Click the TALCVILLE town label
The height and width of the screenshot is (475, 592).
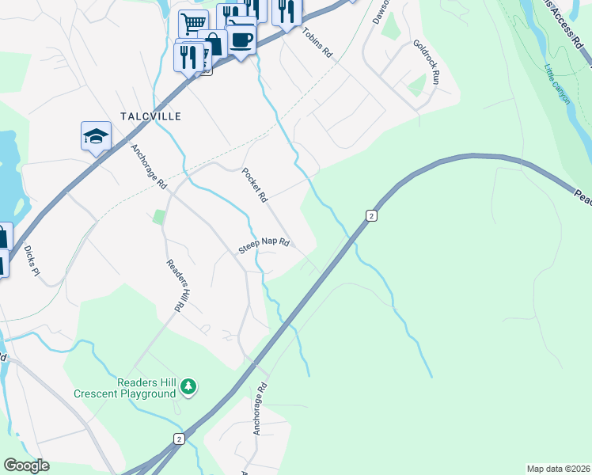click(150, 116)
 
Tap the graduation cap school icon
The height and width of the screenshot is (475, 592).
click(96, 136)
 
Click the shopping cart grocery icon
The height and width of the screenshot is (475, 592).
click(192, 23)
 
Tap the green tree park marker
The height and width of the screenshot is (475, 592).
click(188, 386)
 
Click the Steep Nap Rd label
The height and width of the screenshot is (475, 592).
click(264, 247)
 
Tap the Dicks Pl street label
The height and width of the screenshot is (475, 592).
click(31, 260)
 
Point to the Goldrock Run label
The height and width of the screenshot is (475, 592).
click(425, 63)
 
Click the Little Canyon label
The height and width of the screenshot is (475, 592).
click(557, 82)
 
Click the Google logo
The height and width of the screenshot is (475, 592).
click(26, 465)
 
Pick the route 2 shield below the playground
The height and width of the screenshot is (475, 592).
click(180, 439)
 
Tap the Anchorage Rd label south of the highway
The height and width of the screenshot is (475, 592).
click(258, 410)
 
